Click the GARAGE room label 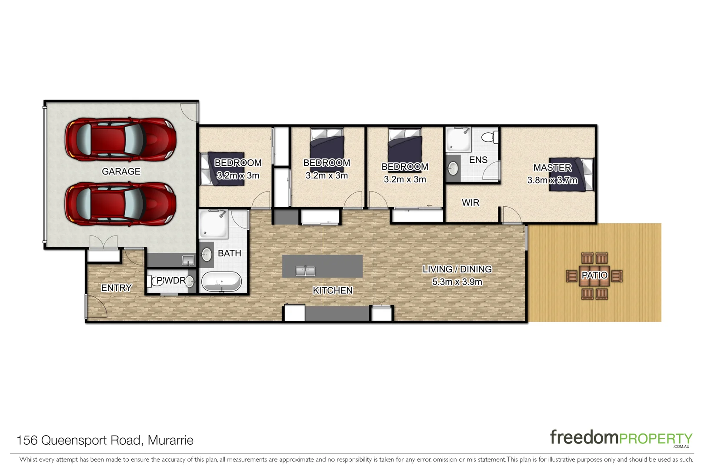(x=121, y=171)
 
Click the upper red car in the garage (x=120, y=140)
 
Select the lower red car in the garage (x=120, y=204)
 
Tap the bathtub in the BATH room (x=221, y=282)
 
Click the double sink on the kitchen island (x=305, y=271)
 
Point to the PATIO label (x=594, y=275)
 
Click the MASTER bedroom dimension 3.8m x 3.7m (x=552, y=180)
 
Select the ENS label (x=478, y=160)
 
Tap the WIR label (x=470, y=202)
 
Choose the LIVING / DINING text (x=457, y=269)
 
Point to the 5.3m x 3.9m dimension (x=457, y=282)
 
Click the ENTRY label (x=116, y=288)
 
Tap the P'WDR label (x=171, y=281)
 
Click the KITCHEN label (x=333, y=290)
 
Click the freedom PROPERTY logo (x=621, y=438)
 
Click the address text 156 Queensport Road (x=105, y=440)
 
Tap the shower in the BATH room (x=213, y=224)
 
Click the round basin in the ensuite (x=453, y=168)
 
